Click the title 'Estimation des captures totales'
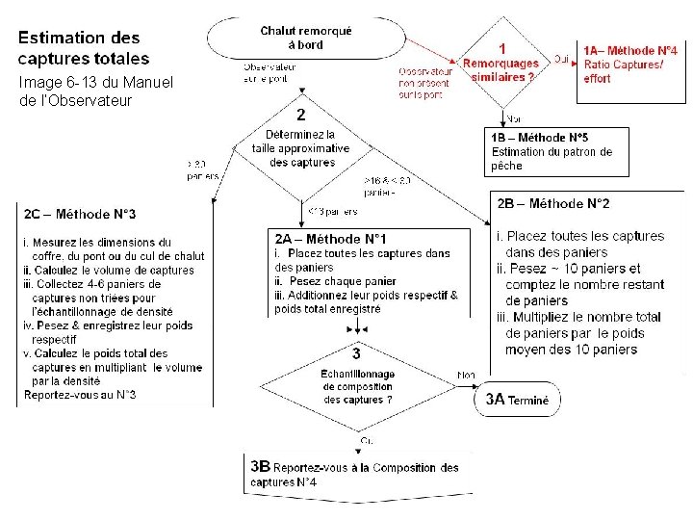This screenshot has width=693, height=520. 79,47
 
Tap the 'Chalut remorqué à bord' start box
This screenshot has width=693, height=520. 305,38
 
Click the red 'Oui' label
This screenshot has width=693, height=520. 560,58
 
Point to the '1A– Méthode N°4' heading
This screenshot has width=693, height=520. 629,49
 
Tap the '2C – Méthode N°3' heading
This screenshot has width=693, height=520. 82,214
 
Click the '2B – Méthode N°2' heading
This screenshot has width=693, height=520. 553,203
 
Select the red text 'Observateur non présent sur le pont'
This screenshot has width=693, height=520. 425,83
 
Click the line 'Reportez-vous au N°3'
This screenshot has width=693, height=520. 80,395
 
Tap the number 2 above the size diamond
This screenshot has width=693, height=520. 300,114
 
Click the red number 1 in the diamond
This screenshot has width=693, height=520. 501,47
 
